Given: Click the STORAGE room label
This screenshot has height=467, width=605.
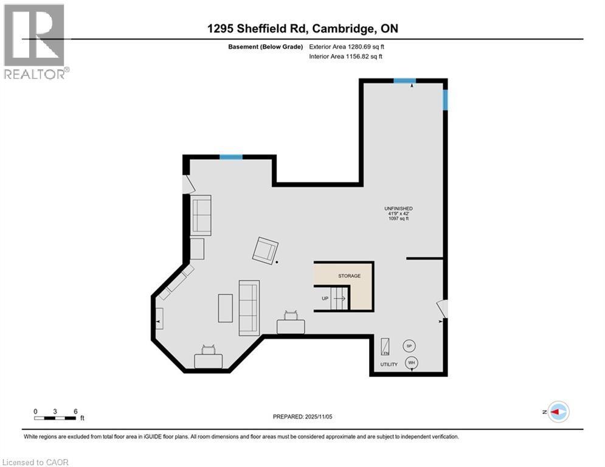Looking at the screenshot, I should coord(350,276).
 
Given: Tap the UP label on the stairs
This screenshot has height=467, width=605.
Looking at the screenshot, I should coord(325,299).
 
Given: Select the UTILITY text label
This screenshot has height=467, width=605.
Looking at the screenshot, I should coord(389,365).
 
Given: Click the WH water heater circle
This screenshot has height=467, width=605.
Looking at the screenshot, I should coord(412,363).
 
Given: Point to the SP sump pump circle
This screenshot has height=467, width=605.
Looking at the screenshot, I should coord(409,346).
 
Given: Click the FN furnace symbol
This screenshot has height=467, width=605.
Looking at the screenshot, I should coord(385,347).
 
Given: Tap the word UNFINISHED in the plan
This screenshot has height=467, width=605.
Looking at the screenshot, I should coord(398,209).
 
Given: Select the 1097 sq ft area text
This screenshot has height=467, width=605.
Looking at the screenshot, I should coord(398,219).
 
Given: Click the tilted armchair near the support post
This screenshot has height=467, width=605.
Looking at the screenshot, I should coord(265,250).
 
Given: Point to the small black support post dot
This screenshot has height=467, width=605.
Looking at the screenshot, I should coord(277,262).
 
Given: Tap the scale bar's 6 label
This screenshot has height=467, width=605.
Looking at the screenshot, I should coord(75,411).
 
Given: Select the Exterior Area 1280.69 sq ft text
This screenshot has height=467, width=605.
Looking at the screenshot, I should coord(347,46).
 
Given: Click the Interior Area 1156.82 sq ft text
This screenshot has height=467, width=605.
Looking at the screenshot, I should coord(346,57).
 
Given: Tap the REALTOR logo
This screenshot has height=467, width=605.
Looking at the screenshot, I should coord(35,41).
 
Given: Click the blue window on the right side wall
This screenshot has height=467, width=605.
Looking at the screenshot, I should coord(445,100).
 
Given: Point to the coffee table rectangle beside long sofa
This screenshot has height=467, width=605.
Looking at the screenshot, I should coord(225,308).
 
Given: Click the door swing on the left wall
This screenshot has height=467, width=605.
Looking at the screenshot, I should coord(188,184).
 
